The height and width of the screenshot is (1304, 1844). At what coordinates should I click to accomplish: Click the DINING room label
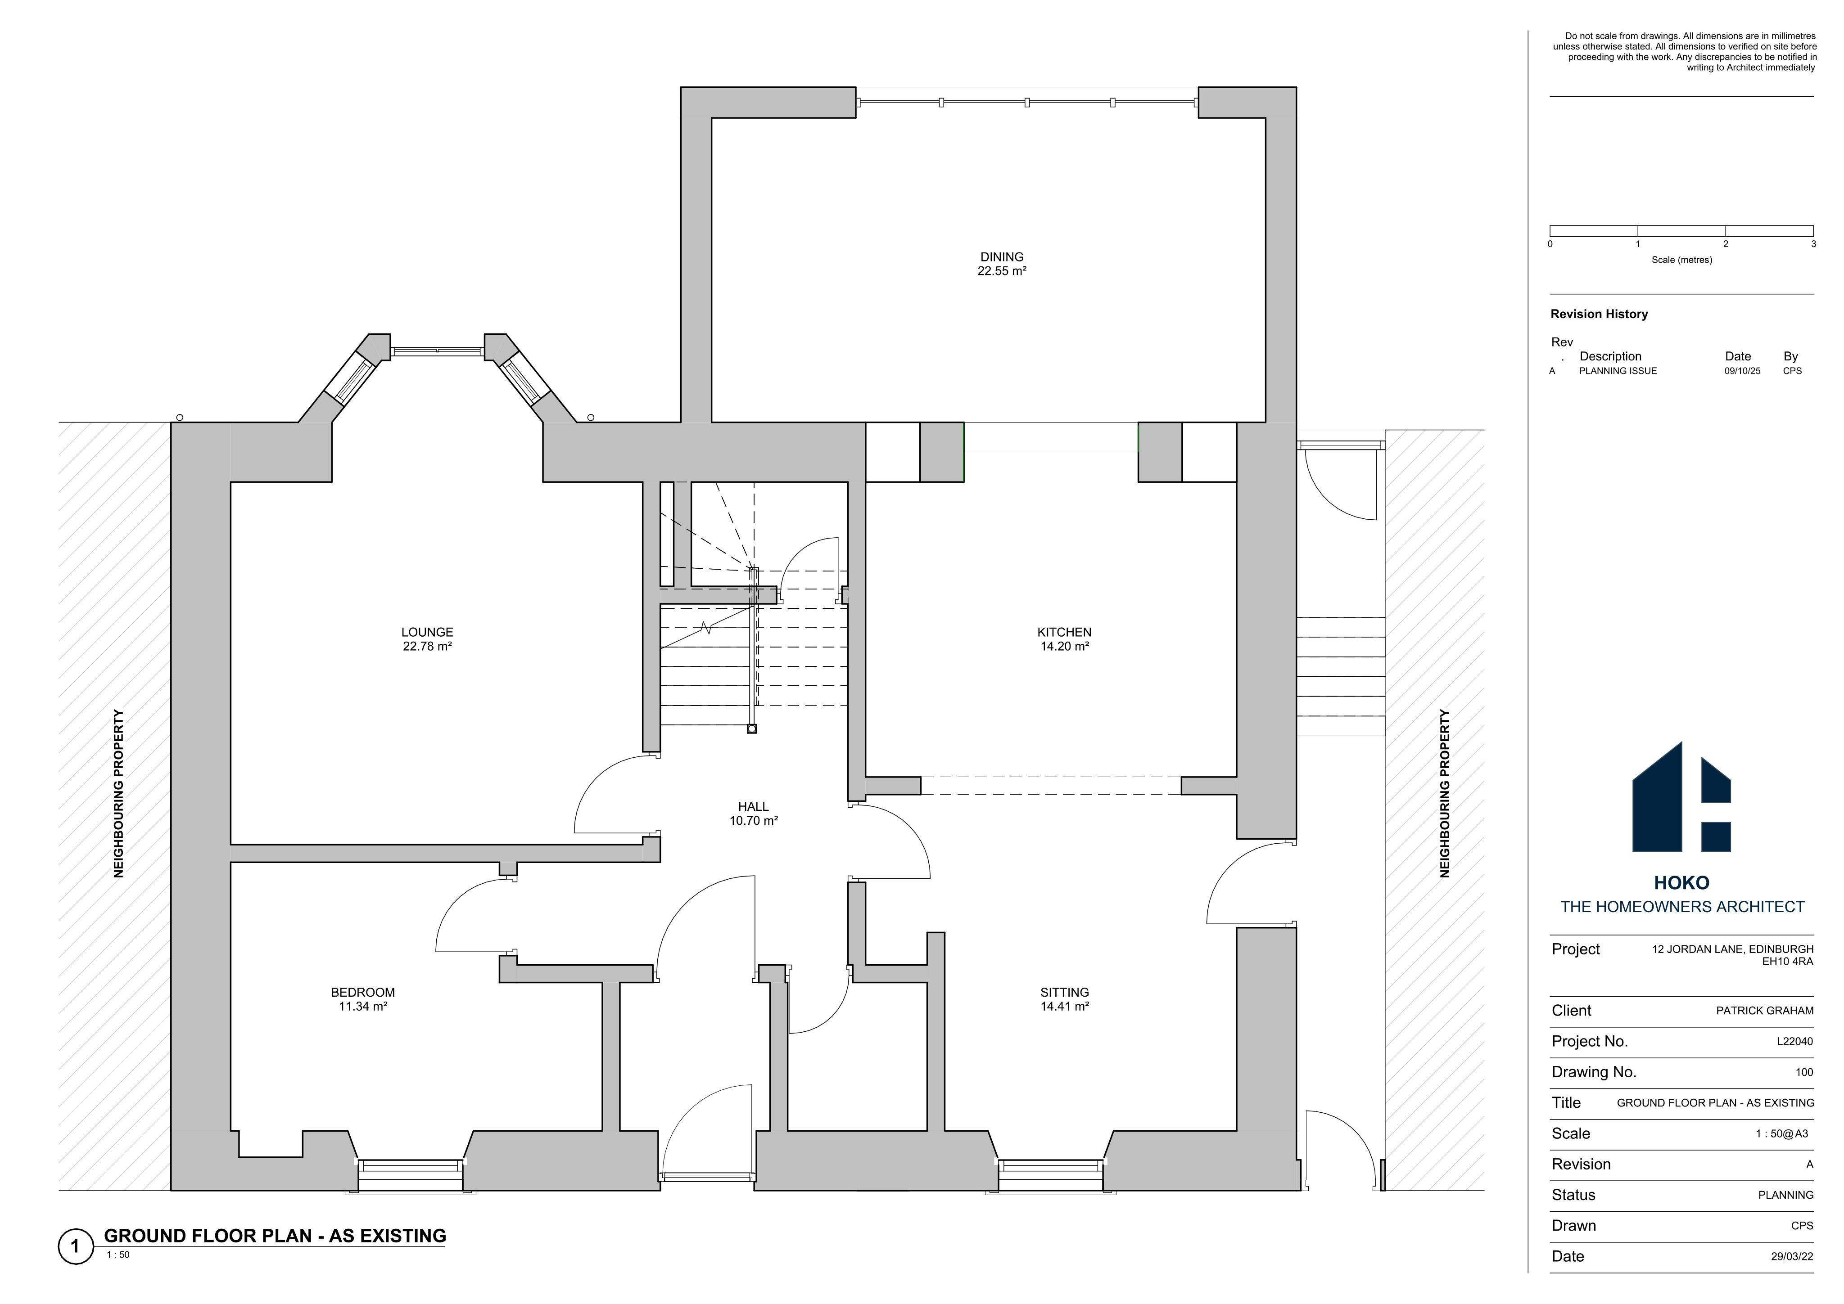tap(1002, 257)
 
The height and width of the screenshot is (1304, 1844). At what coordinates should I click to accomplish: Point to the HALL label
tap(753, 807)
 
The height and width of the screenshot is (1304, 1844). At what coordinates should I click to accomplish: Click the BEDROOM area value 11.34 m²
tap(363, 1006)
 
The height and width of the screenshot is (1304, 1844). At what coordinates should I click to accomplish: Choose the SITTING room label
tap(1064, 993)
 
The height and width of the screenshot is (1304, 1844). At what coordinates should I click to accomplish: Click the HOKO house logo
tap(1681, 797)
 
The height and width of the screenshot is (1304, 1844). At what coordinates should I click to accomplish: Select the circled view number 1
tap(76, 1246)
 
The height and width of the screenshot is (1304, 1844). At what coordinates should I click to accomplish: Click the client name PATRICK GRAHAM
tap(1764, 1011)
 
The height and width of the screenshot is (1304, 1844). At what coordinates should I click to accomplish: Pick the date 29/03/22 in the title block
tap(1792, 1257)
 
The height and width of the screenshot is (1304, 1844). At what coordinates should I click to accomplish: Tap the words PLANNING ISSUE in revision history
tap(1618, 371)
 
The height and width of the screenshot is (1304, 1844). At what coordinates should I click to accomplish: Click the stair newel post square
tap(752, 729)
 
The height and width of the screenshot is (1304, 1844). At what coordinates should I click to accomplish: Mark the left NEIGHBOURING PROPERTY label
tap(119, 793)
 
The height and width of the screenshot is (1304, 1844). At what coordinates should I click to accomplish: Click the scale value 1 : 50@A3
tap(1781, 1134)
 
